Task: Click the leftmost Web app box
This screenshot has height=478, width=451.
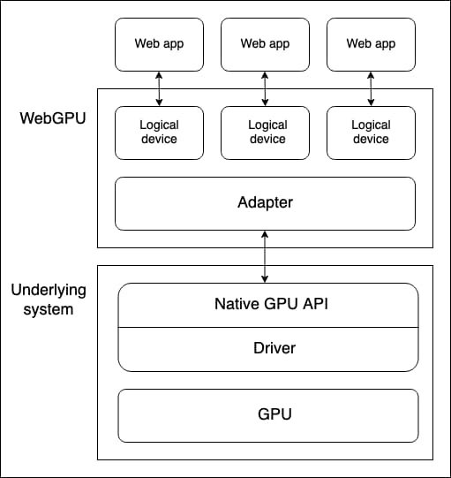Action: click(x=159, y=43)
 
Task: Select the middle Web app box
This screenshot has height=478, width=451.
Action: click(x=265, y=43)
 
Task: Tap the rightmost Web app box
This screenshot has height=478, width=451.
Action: click(x=371, y=43)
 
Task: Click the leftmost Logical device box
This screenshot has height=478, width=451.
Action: click(x=159, y=133)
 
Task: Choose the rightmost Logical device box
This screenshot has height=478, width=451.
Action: click(x=371, y=133)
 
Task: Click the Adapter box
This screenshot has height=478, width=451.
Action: click(x=265, y=203)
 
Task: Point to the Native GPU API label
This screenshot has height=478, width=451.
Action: click(x=268, y=305)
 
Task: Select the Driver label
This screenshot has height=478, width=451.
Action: click(x=268, y=348)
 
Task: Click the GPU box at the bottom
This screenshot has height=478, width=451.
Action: click(x=268, y=415)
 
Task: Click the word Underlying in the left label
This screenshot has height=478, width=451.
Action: click(x=48, y=290)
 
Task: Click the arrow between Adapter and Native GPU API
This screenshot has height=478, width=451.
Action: click(x=265, y=256)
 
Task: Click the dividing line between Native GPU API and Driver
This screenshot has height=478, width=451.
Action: click(x=268, y=327)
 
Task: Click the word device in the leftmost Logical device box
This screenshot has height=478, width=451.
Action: click(x=159, y=140)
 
